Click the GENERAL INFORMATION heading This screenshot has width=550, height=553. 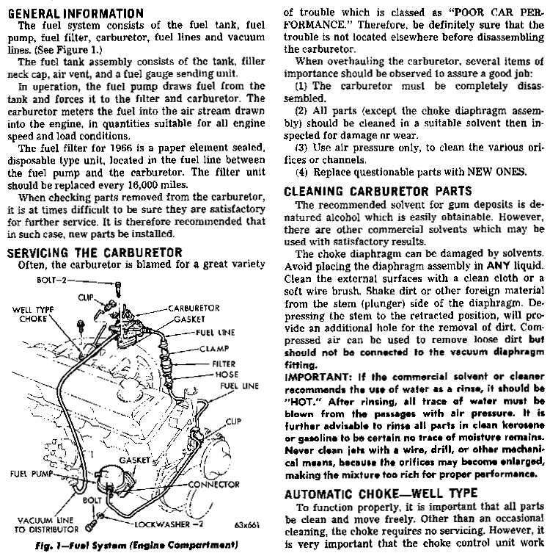pos(74,13)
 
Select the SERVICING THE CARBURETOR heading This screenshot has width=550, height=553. pos(94,253)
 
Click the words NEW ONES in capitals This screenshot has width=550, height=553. pos(497,173)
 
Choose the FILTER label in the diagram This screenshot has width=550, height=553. pos(224,363)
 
